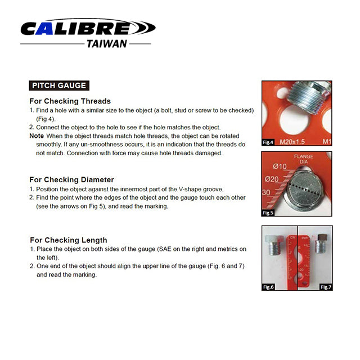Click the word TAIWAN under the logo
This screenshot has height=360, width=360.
click(x=107, y=44)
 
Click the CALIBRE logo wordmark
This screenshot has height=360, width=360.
click(x=88, y=28)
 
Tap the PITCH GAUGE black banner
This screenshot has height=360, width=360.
click(x=59, y=85)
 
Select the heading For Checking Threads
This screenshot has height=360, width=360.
click(x=70, y=101)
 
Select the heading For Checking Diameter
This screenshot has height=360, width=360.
click(x=71, y=179)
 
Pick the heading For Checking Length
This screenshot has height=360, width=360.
click(x=69, y=240)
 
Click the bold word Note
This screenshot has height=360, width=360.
click(x=37, y=136)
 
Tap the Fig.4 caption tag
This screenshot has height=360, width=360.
click(x=268, y=142)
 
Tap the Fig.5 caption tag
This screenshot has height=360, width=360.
click(x=268, y=213)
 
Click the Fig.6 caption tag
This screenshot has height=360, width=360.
click(x=268, y=287)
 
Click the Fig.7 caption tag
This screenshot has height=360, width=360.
click(x=326, y=287)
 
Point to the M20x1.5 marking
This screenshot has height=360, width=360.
click(x=292, y=142)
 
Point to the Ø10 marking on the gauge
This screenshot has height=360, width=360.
click(x=280, y=166)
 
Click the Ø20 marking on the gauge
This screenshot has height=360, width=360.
click(x=272, y=179)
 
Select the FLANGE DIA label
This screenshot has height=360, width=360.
click(x=304, y=159)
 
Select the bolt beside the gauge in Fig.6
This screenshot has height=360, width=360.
click(x=273, y=245)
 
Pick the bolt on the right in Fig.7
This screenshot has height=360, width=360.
click(x=321, y=244)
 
